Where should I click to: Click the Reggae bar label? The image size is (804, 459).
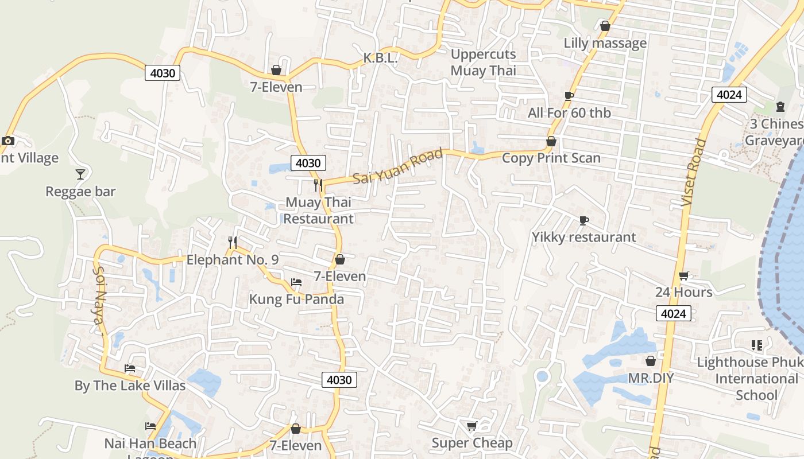[80, 192]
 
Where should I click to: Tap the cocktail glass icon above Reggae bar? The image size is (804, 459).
[80, 174]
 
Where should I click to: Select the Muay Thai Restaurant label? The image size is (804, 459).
[319, 211]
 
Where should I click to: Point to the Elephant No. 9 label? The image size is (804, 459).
[233, 260]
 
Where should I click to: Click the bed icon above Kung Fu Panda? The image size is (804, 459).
[296, 282]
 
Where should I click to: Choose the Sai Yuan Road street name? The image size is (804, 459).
[398, 166]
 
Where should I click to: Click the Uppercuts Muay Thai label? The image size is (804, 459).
[483, 63]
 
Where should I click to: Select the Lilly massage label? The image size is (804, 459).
[605, 43]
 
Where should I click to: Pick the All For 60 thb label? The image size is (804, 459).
[569, 113]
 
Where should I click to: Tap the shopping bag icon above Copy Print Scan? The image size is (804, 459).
[551, 141]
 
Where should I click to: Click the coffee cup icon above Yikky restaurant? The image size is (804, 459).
[583, 220]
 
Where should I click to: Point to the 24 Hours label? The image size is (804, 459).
[683, 293]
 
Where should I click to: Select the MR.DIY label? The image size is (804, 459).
[651, 379]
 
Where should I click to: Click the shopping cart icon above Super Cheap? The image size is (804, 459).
[471, 426]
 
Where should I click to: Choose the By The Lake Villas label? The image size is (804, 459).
[130, 386]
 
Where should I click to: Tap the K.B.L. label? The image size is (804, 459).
[380, 59]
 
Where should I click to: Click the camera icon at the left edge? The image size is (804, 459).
[8, 141]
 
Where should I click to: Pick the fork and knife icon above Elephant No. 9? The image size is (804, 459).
[232, 243]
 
